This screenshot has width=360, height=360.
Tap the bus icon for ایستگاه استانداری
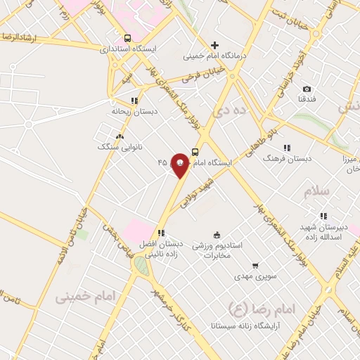pyautogui.click(x=127, y=38)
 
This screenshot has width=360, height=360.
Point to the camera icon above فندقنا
pyautogui.click(x=307, y=89)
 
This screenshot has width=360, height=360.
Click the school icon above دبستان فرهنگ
pyautogui.click(x=287, y=148)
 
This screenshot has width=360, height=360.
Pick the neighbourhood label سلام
pyautogui.click(x=317, y=191)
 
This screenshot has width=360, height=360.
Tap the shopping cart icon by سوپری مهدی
pyautogui.click(x=255, y=266)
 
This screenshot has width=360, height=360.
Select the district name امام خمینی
pyautogui.click(x=79, y=297)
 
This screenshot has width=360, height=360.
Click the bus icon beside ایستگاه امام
pyautogui.click(x=195, y=151)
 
